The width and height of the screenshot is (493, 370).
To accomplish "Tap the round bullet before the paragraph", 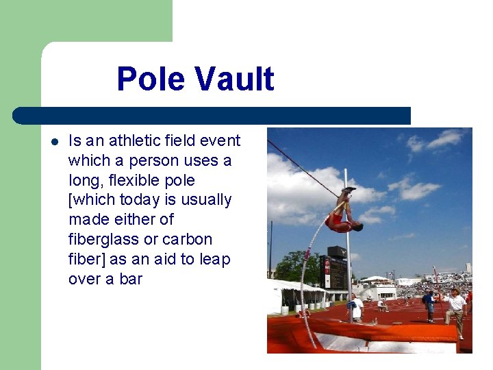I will [55, 142].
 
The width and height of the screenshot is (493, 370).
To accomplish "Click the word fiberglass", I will [99, 240].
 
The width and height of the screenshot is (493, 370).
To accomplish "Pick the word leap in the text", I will [216, 260].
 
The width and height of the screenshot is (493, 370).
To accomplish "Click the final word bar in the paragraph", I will [129, 280].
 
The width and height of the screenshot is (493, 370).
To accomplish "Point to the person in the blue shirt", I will [429, 304].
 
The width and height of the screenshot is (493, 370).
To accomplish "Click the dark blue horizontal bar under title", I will [212, 116].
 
